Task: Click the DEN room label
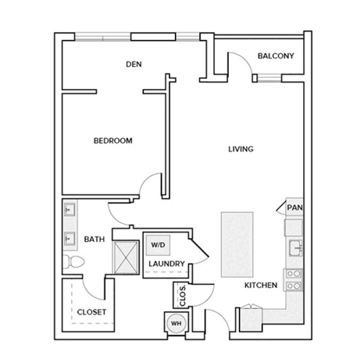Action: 134,64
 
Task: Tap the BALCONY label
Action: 276,56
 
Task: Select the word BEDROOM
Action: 113,140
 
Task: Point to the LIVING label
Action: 241,149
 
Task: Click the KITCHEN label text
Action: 261,286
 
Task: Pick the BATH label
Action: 94,240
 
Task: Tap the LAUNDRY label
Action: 166,264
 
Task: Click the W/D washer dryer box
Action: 159,245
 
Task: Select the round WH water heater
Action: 176,324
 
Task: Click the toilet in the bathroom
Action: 73,261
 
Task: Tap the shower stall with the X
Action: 126,257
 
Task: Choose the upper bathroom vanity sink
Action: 70,209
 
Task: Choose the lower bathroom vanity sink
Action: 70,238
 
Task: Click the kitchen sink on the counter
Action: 296,248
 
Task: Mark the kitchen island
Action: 237,245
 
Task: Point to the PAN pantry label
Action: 294,208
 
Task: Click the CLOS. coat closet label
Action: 183,296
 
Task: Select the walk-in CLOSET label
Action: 91,312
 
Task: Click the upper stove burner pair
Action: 294,274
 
